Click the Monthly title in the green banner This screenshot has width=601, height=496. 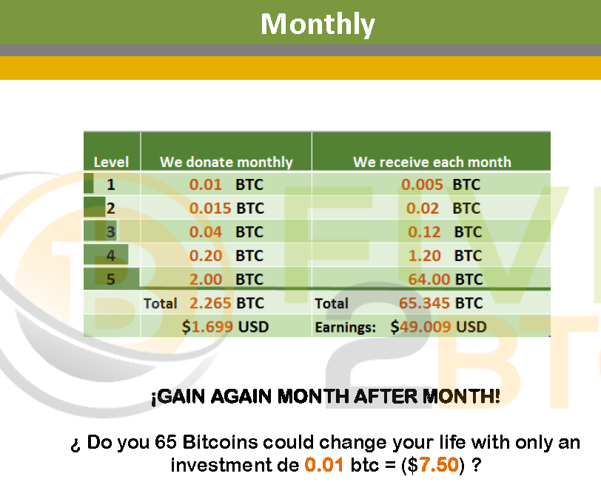pyautogui.click(x=318, y=24)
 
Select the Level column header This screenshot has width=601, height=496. pyautogui.click(x=111, y=162)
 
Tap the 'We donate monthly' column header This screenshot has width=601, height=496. pyautogui.click(x=226, y=162)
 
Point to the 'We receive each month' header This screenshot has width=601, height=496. pyautogui.click(x=432, y=162)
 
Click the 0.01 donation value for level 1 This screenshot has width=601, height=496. pyautogui.click(x=206, y=185)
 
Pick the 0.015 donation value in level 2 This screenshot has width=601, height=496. pyautogui.click(x=210, y=208)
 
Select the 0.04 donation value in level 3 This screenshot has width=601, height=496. pyautogui.click(x=206, y=232)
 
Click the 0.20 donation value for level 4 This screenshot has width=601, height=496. pyautogui.click(x=206, y=256)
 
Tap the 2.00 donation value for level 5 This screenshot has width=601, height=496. pyautogui.click(x=206, y=279)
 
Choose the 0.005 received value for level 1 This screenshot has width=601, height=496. pyautogui.click(x=422, y=185)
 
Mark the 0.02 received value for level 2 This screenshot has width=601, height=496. pyautogui.click(x=423, y=208)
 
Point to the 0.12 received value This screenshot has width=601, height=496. pyautogui.click(x=424, y=232)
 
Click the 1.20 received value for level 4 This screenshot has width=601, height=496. pyautogui.click(x=424, y=256)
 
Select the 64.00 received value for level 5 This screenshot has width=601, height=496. pyautogui.click(x=429, y=279)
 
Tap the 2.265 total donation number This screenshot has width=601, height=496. pyautogui.click(x=210, y=303)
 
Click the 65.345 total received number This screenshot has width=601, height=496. pyautogui.click(x=424, y=303)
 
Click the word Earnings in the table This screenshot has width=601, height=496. pyautogui.click(x=346, y=327)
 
